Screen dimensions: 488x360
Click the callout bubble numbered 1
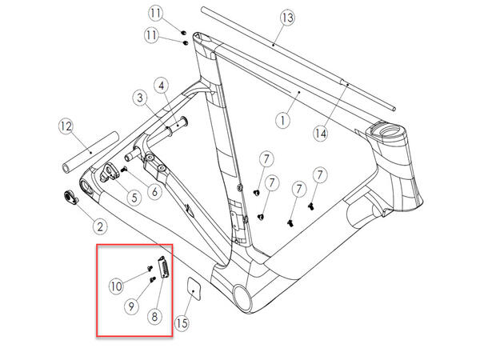pyautogui.click(x=282, y=120)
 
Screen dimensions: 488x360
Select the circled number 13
pyautogui.click(x=287, y=18)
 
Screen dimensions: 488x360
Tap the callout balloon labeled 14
pyautogui.click(x=321, y=134)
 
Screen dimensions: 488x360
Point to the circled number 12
pyautogui.click(x=66, y=126)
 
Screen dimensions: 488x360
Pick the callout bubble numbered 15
pyautogui.click(x=182, y=323)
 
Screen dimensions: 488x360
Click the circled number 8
pyautogui.click(x=154, y=317)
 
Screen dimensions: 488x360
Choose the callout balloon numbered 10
pyautogui.click(x=116, y=286)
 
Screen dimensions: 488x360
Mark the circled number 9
pyautogui.click(x=132, y=306)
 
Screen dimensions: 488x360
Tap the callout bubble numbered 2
pyautogui.click(x=100, y=226)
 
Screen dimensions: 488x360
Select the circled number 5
pyautogui.click(x=134, y=198)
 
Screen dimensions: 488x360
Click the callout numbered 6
pyautogui.click(x=154, y=192)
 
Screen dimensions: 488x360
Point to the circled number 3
pyautogui.click(x=140, y=98)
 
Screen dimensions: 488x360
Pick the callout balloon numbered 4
pyautogui.click(x=162, y=86)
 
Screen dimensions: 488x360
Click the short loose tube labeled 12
pyautogui.click(x=90, y=153)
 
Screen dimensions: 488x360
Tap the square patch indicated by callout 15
pyautogui.click(x=194, y=289)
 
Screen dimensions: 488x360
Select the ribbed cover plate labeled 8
pyautogui.click(x=164, y=267)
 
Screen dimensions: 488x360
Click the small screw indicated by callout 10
pyautogui.click(x=150, y=267)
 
